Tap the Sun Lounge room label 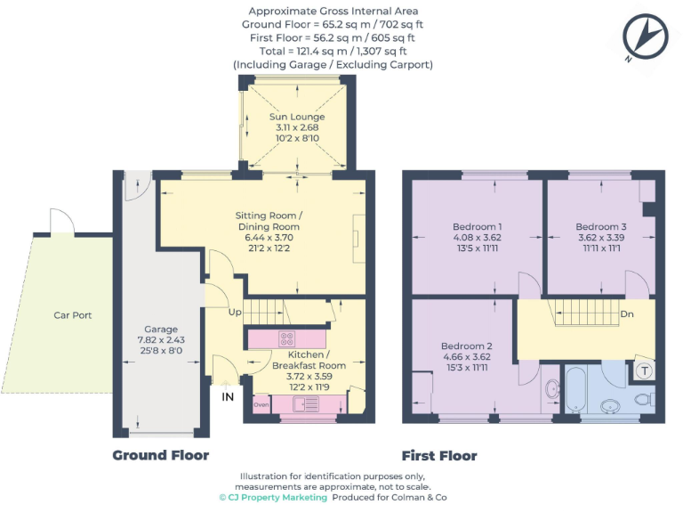(x=297, y=117)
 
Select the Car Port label (x=72, y=315)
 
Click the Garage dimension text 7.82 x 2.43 (x=161, y=340)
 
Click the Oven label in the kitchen (x=261, y=404)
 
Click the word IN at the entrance (x=229, y=397)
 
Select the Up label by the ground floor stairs (x=235, y=313)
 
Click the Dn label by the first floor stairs (x=626, y=314)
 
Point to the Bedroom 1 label (x=477, y=226)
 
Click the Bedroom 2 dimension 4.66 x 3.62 (x=464, y=357)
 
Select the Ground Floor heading (x=160, y=455)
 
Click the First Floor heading (x=438, y=455)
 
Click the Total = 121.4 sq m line (x=333, y=52)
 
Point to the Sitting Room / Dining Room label (x=269, y=221)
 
